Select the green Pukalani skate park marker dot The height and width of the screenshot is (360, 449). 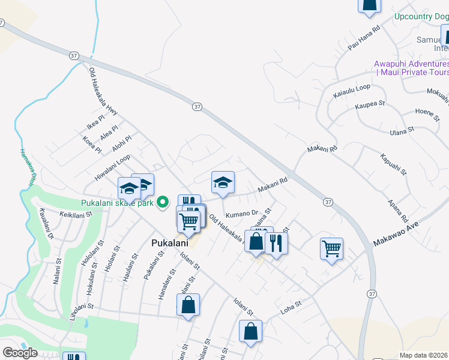click(161, 202)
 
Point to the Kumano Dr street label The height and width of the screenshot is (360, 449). click(241, 213)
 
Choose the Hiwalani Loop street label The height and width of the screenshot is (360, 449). click(112, 168)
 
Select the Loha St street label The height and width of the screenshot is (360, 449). click(291, 307)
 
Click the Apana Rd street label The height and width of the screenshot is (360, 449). click(399, 211)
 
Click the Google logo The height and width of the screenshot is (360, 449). click(20, 353)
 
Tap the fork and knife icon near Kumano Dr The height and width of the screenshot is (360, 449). click(276, 243)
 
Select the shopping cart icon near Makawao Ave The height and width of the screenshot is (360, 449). click(332, 248)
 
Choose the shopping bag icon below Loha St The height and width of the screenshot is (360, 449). click(250, 331)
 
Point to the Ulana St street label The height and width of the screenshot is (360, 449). click(402, 130)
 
